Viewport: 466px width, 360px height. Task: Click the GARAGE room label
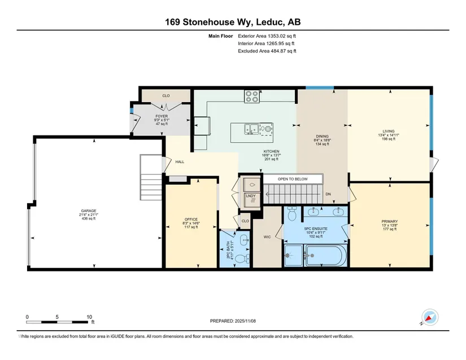(x=89, y=210)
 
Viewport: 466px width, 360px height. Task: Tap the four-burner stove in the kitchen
(x=252, y=96)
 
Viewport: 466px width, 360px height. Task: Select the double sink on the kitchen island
(x=251, y=129)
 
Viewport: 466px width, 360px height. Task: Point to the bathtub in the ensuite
(x=326, y=255)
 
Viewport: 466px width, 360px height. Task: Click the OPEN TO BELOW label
(x=293, y=179)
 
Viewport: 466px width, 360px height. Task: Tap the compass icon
(x=430, y=318)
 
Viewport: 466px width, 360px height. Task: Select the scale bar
(x=57, y=322)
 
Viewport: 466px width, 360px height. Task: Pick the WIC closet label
(x=267, y=237)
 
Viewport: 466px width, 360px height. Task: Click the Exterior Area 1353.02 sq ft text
(x=267, y=36)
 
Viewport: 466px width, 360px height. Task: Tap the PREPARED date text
(x=233, y=321)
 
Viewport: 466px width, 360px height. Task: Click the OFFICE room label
(x=191, y=219)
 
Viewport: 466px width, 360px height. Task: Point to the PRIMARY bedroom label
(x=390, y=221)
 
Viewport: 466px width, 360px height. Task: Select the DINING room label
(x=323, y=136)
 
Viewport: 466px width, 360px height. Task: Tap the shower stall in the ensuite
(x=293, y=255)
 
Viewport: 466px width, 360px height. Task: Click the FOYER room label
(x=162, y=116)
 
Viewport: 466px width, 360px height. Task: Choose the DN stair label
(x=328, y=194)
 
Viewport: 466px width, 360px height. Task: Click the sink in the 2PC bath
(x=244, y=240)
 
